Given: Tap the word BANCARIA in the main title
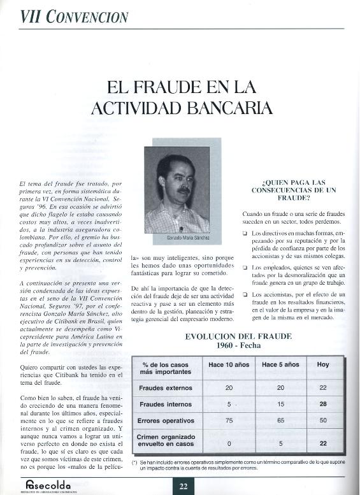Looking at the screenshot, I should tap(220, 106).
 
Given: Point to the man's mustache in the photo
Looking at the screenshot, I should tap(183, 190).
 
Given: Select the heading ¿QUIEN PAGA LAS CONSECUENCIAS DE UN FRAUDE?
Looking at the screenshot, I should tap(294, 190).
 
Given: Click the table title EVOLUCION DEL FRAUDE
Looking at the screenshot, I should tap(238, 336).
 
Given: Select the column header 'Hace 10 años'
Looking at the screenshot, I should tap(229, 364).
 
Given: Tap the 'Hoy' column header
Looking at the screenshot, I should tap(322, 364).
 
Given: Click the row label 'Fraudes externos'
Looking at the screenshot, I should tap(166, 387).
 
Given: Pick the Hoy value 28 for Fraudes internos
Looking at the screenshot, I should tap(322, 404).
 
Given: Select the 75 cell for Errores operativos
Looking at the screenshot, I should tap(229, 420).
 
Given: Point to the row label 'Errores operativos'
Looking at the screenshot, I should tap(166, 420).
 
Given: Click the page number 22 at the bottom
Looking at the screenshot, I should tap(184, 487).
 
